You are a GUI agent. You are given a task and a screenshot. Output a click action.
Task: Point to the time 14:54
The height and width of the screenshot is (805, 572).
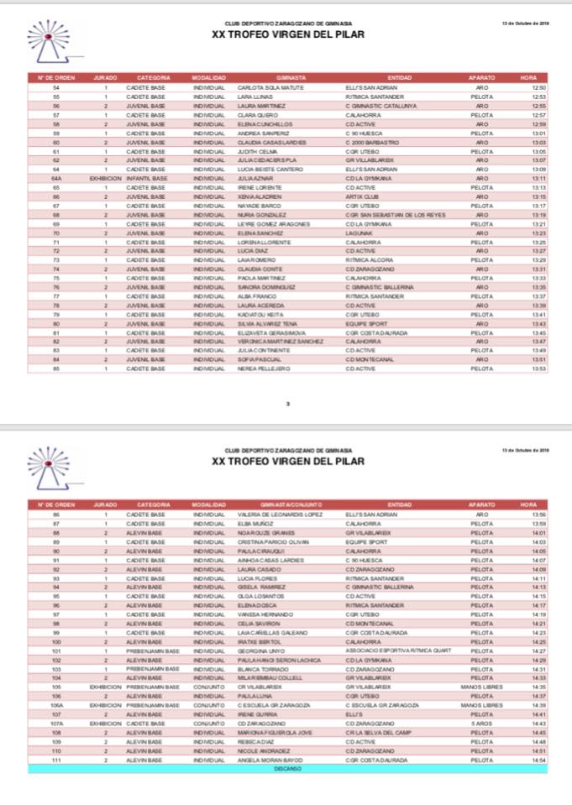539,759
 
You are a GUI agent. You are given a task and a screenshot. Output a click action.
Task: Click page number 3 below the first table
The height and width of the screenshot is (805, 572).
288,404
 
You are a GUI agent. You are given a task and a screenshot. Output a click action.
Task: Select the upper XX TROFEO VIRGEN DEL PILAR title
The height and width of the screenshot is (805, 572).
288,36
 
